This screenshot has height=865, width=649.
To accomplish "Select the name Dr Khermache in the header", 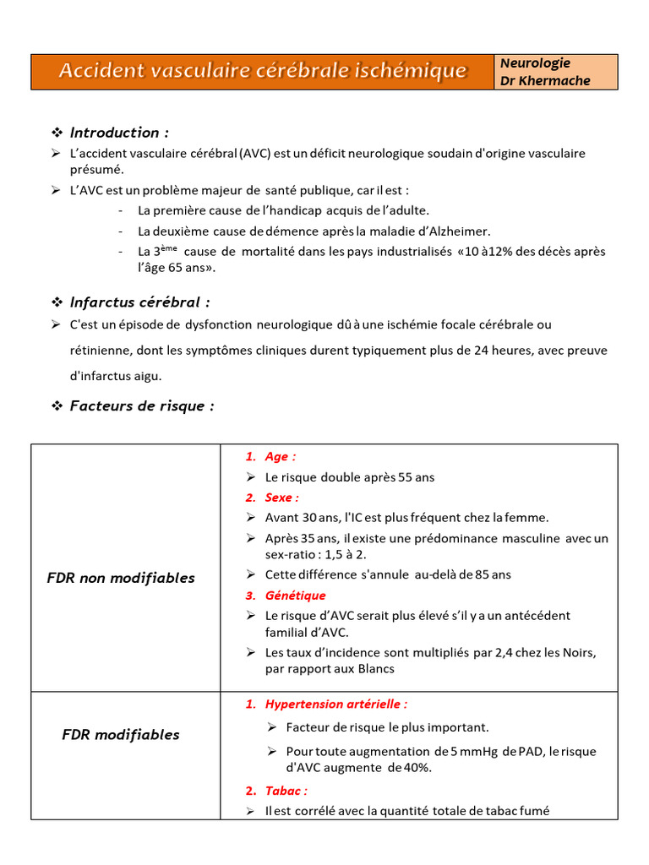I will [x=545, y=81].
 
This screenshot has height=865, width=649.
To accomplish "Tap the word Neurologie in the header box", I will [x=535, y=63].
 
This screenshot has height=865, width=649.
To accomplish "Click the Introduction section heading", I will [x=119, y=133].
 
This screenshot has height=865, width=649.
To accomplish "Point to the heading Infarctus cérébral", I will [x=139, y=302].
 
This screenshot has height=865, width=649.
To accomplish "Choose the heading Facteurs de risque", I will [x=142, y=406].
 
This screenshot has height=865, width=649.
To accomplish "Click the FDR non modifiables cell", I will [x=121, y=579].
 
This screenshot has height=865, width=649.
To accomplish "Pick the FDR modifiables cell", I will [x=121, y=735].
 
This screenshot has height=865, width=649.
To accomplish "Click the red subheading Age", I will [x=280, y=457].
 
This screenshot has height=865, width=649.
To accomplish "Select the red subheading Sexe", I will [x=281, y=498].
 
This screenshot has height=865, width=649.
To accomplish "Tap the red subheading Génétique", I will [x=295, y=596].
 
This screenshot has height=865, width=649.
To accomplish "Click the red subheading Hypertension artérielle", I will [x=335, y=704].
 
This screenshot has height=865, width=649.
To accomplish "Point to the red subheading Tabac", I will [x=286, y=791].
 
